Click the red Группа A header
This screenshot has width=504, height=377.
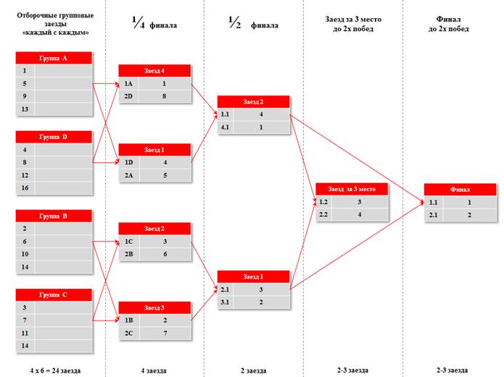[54, 58]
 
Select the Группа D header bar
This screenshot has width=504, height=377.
[54, 137]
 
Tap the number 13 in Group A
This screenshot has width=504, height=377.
[25, 109]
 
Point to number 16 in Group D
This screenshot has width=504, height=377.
[25, 188]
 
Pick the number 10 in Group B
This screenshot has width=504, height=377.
[25, 254]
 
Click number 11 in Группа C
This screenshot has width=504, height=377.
[25, 333]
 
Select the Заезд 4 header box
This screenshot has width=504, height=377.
[154, 71]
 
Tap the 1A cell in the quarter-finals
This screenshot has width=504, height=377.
[128, 84]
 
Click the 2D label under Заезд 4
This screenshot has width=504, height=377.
[128, 96]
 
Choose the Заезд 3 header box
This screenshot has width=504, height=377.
[154, 308]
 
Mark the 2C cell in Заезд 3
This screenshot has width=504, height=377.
[128, 333]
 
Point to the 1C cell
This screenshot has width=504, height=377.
[128, 242]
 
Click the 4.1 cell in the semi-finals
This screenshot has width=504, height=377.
[225, 127]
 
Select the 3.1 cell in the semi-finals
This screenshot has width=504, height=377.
[225, 302]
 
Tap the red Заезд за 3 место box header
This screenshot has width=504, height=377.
[352, 189]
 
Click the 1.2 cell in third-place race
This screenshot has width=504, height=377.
[323, 202]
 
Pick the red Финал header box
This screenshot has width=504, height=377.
[460, 190]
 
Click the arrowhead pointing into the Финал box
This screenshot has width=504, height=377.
[422, 202]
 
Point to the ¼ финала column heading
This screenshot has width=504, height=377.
[154, 23]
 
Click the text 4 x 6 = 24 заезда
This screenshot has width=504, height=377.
[55, 370]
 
